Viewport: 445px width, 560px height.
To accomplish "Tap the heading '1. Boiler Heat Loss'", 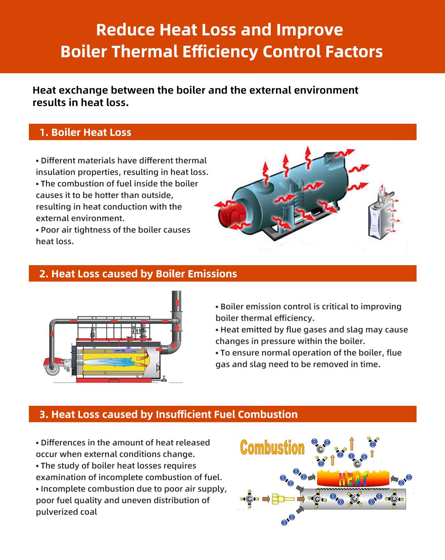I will pos(85,132).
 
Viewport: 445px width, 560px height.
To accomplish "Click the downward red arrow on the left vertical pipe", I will pos(52,333).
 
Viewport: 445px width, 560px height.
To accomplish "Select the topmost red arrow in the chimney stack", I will pos(177,302).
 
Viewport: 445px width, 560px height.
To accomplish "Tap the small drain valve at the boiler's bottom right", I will pos(164,378).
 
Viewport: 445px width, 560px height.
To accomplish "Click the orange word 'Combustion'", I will pos(272,448).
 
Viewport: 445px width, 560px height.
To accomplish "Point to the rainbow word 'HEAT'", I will pos(353,480).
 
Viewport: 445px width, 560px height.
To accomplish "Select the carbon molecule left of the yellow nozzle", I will pos(249,499).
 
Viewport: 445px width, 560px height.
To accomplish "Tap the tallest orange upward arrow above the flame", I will pos(352,444).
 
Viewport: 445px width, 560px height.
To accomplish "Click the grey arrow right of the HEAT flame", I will pos(394,479).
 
